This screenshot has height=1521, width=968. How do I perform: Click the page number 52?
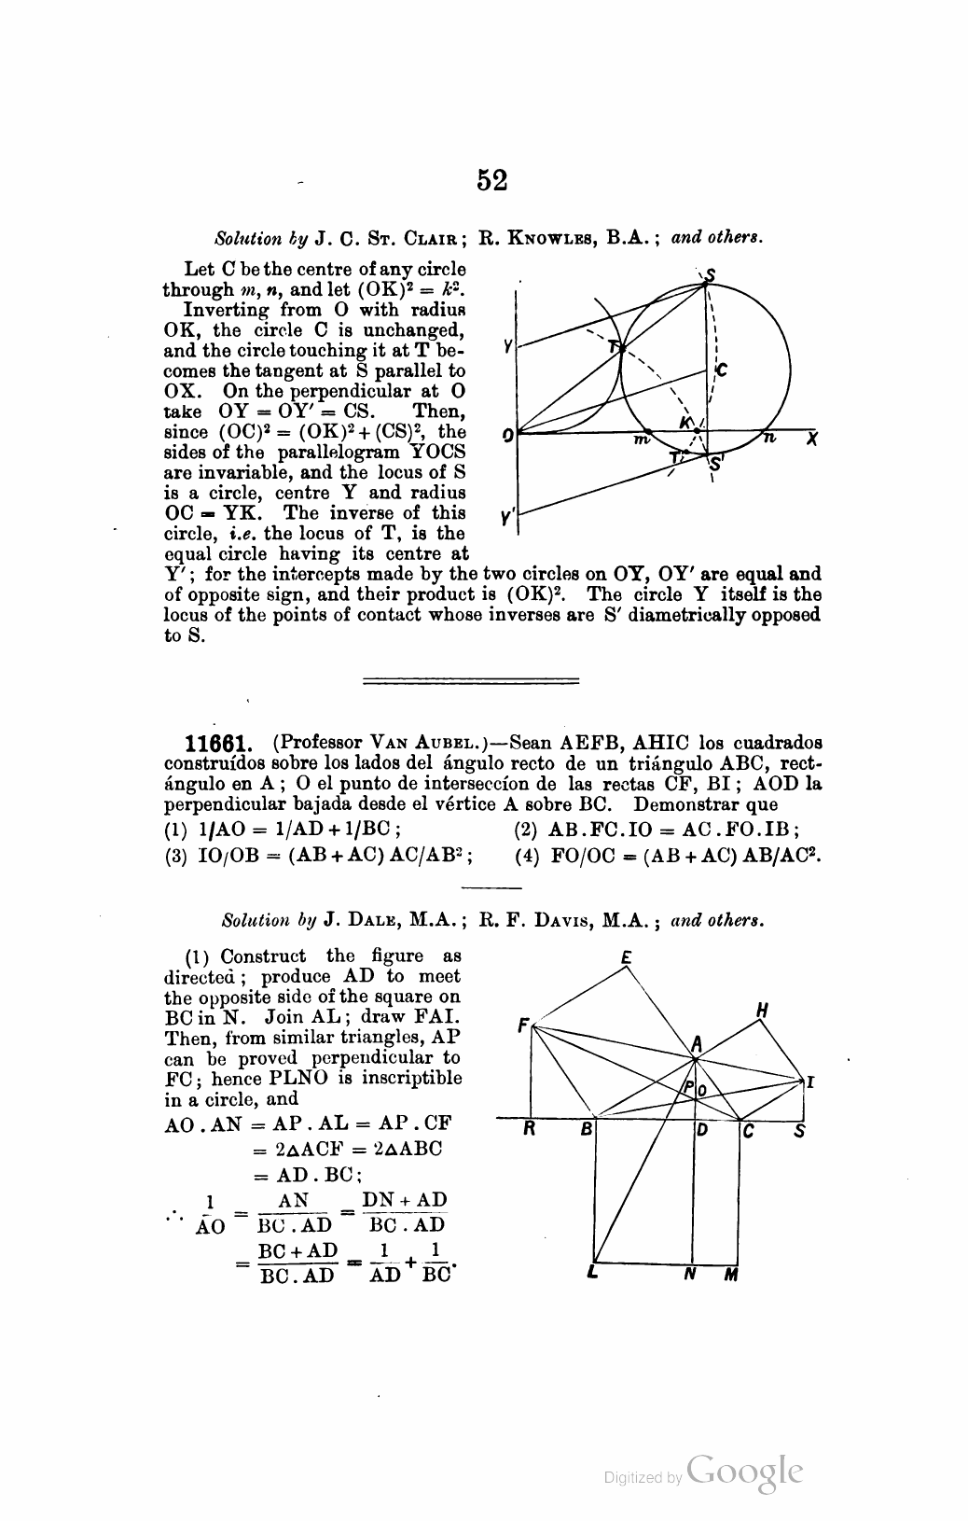click(491, 179)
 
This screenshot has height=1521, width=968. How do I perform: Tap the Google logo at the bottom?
click(744, 1472)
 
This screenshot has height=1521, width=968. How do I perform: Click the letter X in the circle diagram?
click(812, 438)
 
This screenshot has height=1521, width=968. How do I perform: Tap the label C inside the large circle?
click(720, 370)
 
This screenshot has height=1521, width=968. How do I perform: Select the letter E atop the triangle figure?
click(626, 956)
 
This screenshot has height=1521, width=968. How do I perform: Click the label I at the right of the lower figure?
click(810, 1083)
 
